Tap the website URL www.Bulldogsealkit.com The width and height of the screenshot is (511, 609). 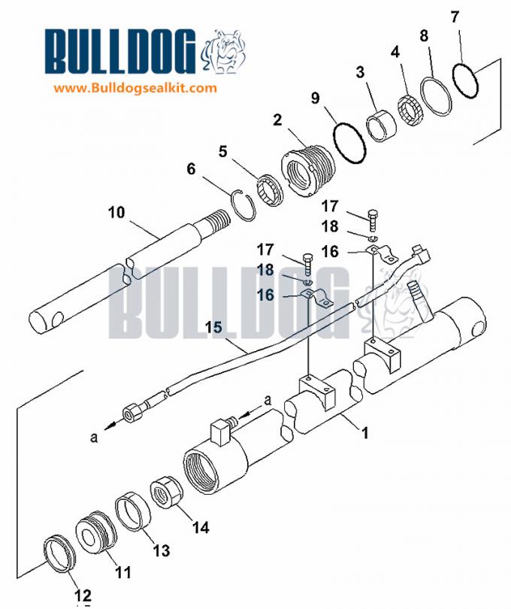(135, 87)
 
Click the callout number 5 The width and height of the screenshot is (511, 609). (222, 151)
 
